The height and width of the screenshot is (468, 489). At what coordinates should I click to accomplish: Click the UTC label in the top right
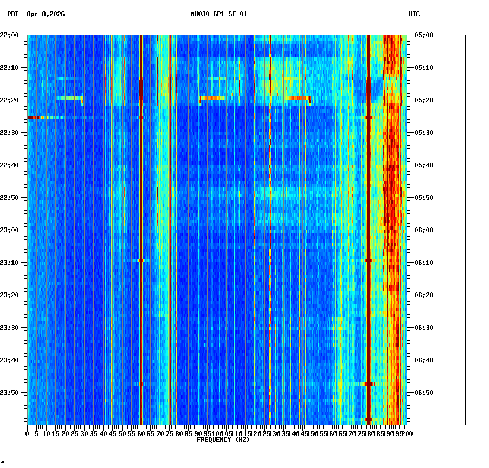414,14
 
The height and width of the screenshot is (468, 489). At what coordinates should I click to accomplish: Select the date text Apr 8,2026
46,14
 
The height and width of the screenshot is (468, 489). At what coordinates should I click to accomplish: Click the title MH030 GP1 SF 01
218,14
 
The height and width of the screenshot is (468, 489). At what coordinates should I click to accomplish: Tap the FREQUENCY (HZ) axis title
223,440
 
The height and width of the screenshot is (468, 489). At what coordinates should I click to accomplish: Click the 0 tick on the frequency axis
28,433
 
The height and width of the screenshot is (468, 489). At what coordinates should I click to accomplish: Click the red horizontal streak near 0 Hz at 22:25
34,117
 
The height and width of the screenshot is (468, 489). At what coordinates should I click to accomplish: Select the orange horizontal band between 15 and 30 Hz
69,98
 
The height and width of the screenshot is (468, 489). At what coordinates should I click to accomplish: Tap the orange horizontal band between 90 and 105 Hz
212,98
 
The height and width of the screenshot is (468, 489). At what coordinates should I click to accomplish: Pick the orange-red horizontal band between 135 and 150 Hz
297,98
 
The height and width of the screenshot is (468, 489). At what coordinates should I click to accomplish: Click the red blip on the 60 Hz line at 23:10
141,261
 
